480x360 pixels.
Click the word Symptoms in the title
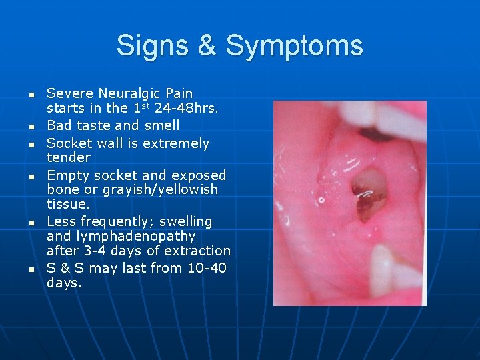tap(295, 46)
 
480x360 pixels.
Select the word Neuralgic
tap(131, 93)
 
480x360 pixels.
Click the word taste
tap(93, 125)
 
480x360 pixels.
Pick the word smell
tap(161, 125)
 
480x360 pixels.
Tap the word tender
tap(69, 157)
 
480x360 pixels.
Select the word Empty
tap(67, 175)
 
